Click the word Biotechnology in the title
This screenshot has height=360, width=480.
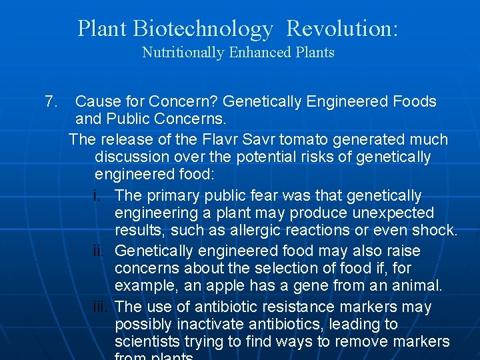(x=203, y=29)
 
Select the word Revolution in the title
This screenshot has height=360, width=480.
(x=341, y=29)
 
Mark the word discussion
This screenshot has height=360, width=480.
(x=131, y=157)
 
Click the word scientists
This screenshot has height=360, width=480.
(x=146, y=342)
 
